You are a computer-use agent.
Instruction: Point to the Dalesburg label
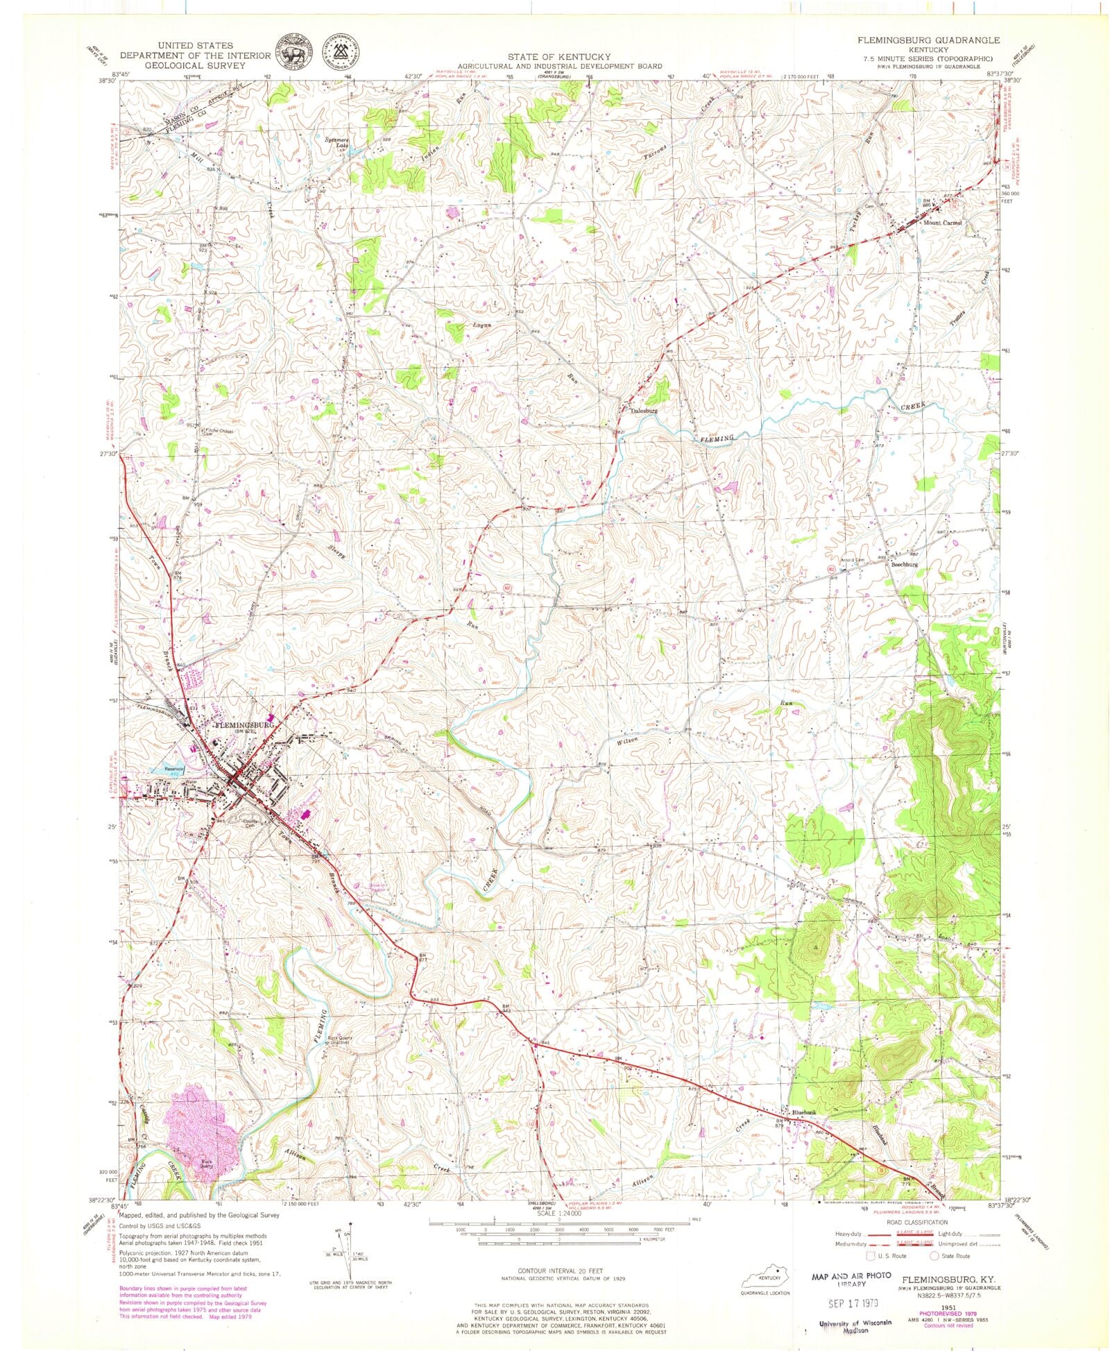point(643,410)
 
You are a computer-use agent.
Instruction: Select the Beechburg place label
point(904,565)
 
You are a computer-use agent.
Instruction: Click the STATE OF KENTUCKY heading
point(558,56)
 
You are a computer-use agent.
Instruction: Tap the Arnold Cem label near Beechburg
point(854,560)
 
